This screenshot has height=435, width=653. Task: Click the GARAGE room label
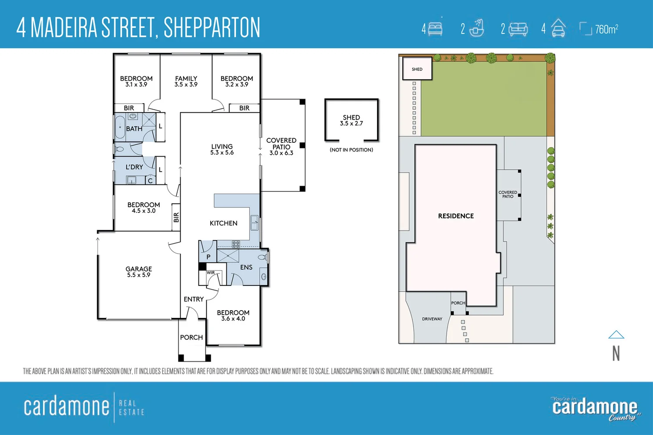pyautogui.click(x=138, y=269)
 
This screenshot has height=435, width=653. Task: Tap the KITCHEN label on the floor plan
pyautogui.click(x=223, y=223)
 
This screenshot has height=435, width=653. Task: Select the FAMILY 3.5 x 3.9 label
pyautogui.click(x=186, y=81)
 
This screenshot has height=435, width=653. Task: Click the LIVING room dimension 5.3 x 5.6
pyautogui.click(x=222, y=153)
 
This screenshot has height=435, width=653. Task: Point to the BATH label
pyautogui.click(x=134, y=129)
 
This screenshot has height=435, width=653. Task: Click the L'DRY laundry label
pyautogui.click(x=134, y=167)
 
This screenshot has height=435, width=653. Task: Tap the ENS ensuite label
pyautogui.click(x=246, y=267)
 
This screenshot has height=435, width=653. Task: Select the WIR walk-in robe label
pyautogui.click(x=211, y=273)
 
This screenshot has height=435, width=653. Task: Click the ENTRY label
pyautogui.click(x=194, y=299)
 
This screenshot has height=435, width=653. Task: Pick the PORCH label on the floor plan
pyautogui.click(x=191, y=337)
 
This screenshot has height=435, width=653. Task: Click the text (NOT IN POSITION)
pyautogui.click(x=351, y=150)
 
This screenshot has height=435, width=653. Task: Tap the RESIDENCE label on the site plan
pyautogui.click(x=456, y=216)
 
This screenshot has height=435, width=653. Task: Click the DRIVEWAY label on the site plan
pyautogui.click(x=432, y=319)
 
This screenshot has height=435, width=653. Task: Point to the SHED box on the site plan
pyautogui.click(x=417, y=69)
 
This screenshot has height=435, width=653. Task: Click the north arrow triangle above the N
pyautogui.click(x=616, y=335)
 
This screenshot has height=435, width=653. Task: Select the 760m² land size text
pyautogui.click(x=606, y=29)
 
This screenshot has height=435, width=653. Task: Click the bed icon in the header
pyautogui.click(x=435, y=29)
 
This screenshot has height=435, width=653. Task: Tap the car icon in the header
pyautogui.click(x=558, y=29)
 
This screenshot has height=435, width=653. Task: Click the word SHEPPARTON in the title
pyautogui.click(x=212, y=27)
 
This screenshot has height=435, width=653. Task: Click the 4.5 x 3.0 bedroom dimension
pyautogui.click(x=144, y=211)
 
